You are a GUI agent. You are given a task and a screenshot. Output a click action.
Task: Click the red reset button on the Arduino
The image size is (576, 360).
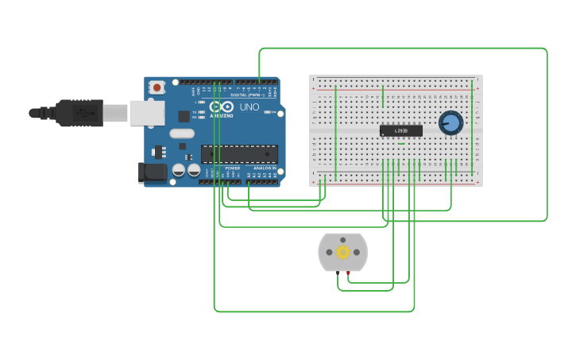point(157,87)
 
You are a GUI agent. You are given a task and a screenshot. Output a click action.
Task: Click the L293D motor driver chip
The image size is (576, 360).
point(400,130)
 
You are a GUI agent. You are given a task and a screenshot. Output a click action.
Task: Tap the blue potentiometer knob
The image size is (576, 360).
point(450,123)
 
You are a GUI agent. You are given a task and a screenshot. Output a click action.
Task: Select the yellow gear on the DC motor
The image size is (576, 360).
point(342,253)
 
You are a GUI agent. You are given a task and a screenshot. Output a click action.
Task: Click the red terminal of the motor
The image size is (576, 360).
point(348,273)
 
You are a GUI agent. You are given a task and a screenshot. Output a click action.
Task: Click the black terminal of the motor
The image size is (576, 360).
point(338,273)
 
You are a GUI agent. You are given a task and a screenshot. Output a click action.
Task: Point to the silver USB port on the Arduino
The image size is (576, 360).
point(146,113)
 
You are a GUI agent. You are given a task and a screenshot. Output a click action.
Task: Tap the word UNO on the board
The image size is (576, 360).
point(249,107)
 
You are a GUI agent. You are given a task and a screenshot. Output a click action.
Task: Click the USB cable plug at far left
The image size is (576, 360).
point(75,113)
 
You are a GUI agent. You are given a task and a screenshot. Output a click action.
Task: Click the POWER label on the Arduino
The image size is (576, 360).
point(232,168)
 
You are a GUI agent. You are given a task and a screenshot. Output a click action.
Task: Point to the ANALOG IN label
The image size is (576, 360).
point(265,168)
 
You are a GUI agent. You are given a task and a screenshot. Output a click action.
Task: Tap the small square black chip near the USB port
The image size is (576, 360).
point(184,116)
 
